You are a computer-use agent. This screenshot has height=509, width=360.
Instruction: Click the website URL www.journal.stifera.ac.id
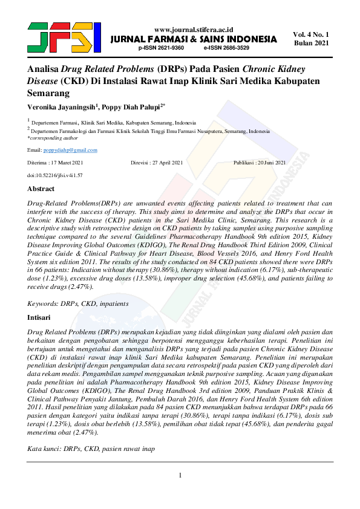194,29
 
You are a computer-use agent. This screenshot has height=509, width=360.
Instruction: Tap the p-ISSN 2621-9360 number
162,47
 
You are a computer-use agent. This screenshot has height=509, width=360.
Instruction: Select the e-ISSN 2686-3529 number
226,47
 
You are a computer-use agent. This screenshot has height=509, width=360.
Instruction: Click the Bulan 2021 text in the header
311,44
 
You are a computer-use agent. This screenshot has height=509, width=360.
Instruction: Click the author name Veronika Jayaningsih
62,108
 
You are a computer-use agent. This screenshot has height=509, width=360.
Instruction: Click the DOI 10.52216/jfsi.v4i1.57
55,175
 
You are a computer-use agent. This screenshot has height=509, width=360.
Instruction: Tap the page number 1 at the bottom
180,475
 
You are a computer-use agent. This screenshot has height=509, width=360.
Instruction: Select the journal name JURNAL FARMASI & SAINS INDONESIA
194,39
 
